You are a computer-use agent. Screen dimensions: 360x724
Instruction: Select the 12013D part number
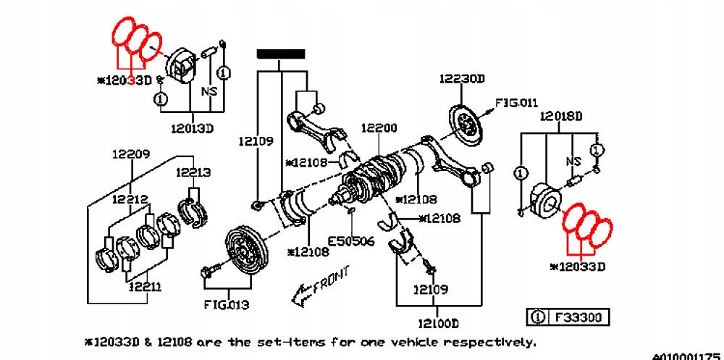point(193,129)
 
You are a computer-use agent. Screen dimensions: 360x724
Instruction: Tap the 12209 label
point(130,154)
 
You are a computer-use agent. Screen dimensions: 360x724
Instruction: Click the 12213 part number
point(192,172)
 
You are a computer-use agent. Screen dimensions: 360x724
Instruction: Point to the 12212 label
point(130,198)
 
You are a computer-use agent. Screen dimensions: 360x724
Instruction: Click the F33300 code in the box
point(578,317)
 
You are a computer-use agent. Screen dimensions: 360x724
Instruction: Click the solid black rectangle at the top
point(280,54)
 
